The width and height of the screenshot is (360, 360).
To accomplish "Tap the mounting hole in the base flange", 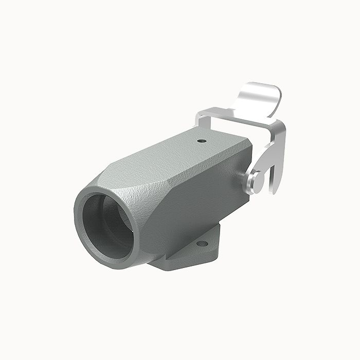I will [203, 243].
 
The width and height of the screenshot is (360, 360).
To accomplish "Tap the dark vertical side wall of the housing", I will [206, 195].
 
